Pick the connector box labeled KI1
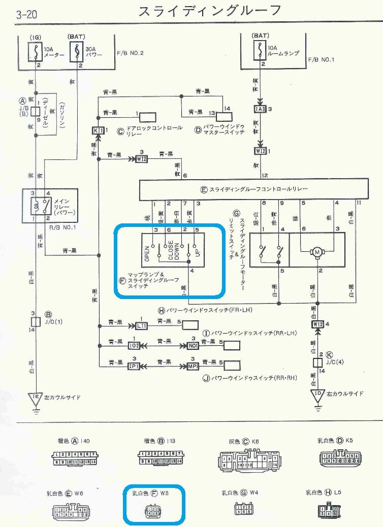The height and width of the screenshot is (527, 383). pos(98,130)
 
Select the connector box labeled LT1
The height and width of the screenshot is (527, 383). pos(141,325)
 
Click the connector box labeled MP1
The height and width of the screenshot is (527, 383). pos(193,366)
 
